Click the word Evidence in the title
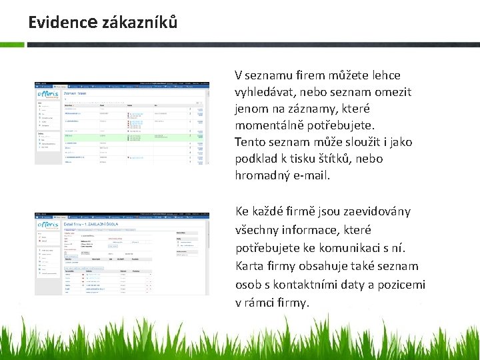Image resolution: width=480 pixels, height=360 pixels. click(63, 22)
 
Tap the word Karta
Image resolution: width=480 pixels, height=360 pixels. click(251, 266)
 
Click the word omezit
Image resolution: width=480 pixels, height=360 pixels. click(393, 92)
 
